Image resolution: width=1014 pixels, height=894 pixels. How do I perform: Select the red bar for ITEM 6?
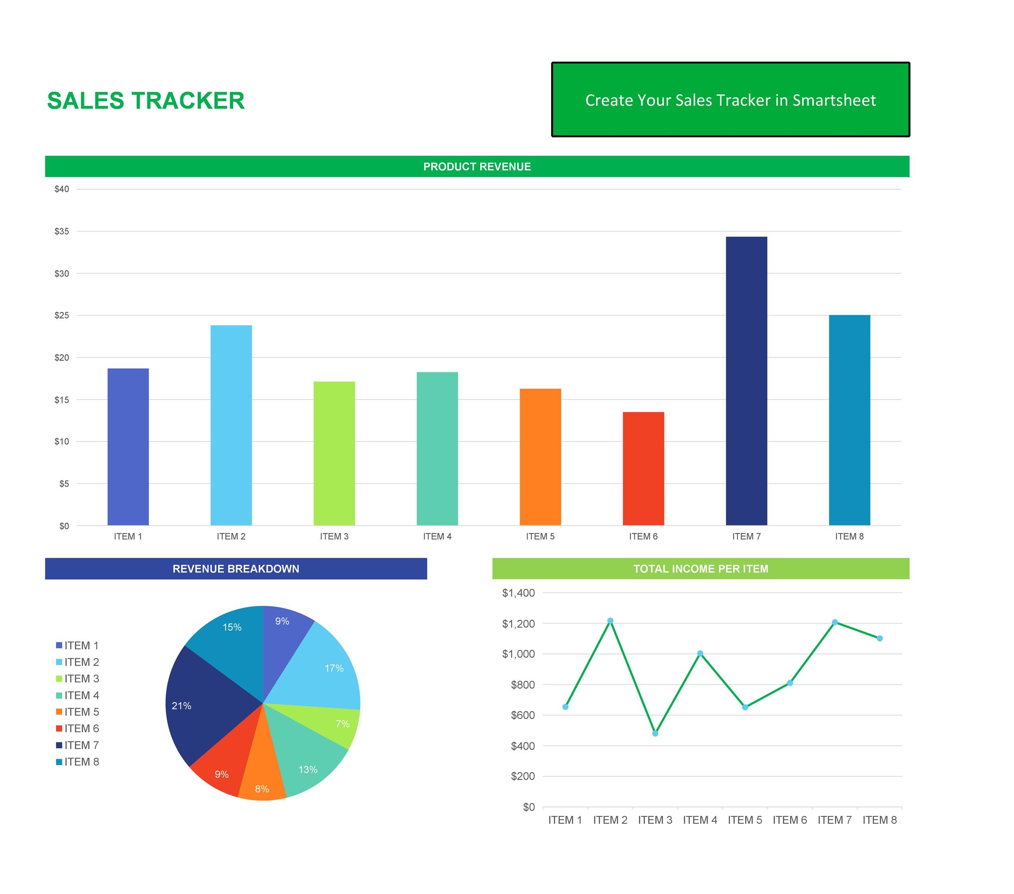643,468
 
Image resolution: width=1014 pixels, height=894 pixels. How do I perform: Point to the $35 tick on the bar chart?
62,231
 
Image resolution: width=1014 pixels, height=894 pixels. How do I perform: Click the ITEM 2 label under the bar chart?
231,536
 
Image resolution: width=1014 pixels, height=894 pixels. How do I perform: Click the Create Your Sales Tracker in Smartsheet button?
730,100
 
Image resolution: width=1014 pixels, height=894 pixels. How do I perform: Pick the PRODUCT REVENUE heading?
477,167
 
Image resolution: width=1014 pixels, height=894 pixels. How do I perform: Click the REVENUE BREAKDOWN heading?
236,569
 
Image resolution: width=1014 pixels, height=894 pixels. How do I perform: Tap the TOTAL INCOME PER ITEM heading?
700,569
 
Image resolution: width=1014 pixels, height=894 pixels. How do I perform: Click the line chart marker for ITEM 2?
610,621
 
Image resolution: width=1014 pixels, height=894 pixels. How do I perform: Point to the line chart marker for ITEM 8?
880,638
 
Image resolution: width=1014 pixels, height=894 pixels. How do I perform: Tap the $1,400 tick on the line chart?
518,593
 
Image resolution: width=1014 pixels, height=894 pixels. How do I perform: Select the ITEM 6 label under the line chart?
789,820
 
